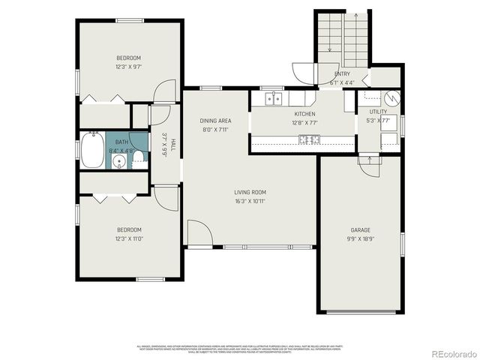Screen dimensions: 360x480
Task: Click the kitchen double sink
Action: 274,98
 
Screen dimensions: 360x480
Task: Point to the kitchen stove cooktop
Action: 309,139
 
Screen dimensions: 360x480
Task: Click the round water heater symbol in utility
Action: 391,97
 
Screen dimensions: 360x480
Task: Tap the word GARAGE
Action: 361,230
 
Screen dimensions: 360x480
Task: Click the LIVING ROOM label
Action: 250,192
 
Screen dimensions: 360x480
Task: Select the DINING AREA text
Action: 214,121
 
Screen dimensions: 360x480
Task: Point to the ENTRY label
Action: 342,73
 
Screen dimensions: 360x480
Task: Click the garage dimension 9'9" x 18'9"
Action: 361,238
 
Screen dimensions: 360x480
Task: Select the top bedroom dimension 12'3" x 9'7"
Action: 128,66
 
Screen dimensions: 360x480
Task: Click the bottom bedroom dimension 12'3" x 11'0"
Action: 128,238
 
